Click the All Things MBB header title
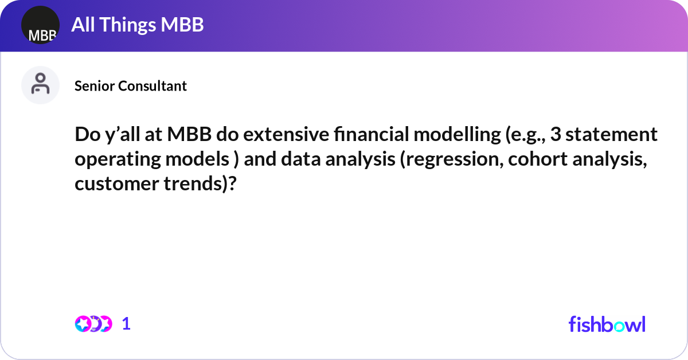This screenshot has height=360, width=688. (138, 25)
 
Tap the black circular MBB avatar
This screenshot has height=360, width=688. (40, 25)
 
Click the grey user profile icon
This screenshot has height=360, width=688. (40, 85)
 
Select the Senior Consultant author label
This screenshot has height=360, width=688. (131, 86)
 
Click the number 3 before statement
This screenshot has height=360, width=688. (556, 135)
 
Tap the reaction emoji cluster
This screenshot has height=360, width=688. (93, 324)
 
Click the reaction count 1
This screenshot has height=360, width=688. (126, 324)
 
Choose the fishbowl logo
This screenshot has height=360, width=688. (607, 324)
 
